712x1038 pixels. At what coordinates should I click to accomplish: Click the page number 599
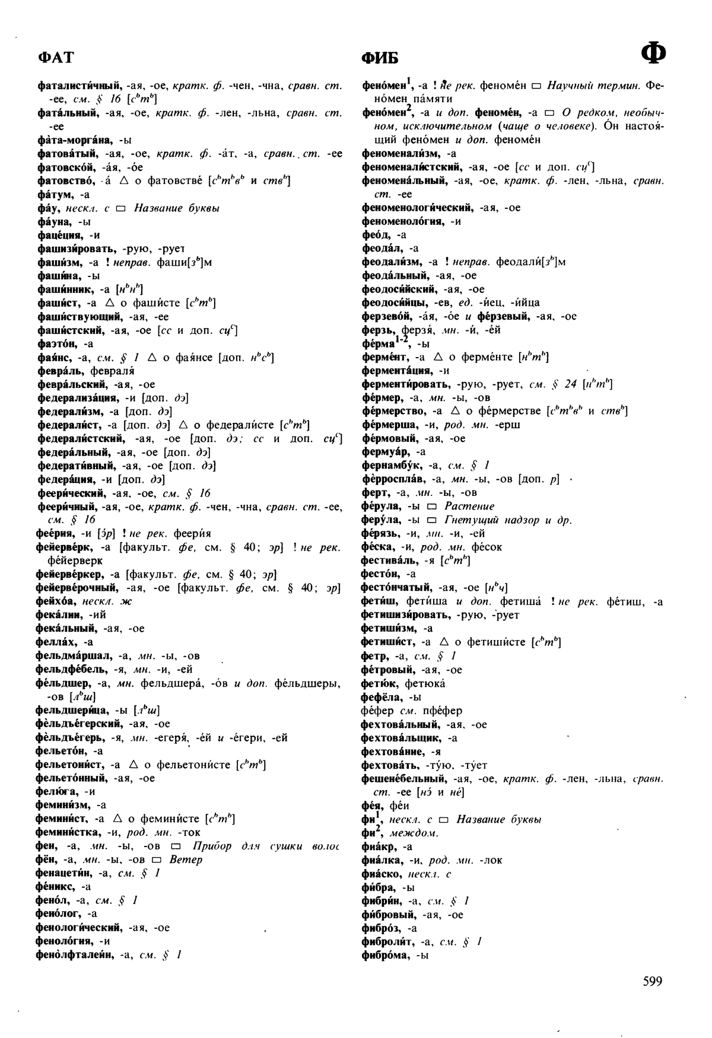[652, 981]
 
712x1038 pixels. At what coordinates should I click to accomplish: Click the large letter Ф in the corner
[653, 55]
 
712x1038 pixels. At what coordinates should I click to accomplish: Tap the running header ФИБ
[380, 58]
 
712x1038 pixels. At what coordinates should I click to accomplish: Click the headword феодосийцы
[392, 303]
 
